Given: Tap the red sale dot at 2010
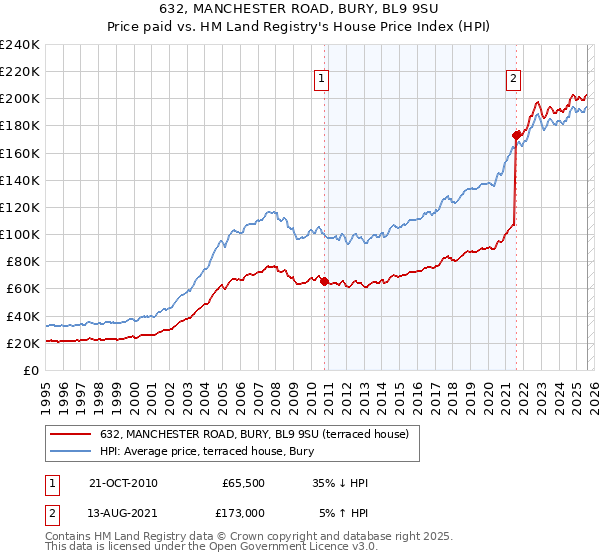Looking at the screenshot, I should pyautogui.click(x=325, y=281).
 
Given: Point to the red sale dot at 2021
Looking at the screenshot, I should pyautogui.click(x=516, y=135).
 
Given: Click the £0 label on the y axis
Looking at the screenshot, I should pyautogui.click(x=31, y=370).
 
